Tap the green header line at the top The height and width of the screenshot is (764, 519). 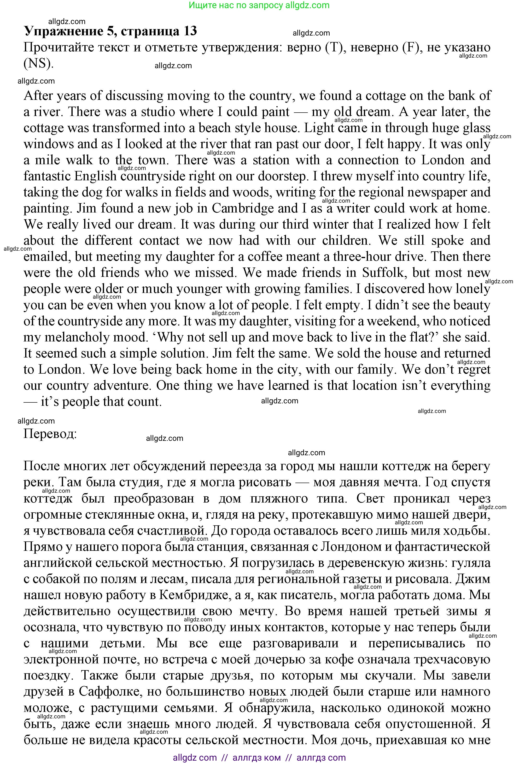pyautogui.click(x=259, y=5)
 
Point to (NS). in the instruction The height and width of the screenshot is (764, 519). pyautogui.click(x=38, y=63)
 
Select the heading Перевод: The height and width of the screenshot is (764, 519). pyautogui.click(x=50, y=434)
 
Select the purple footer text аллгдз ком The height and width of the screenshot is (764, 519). pyautogui.click(x=256, y=758)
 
